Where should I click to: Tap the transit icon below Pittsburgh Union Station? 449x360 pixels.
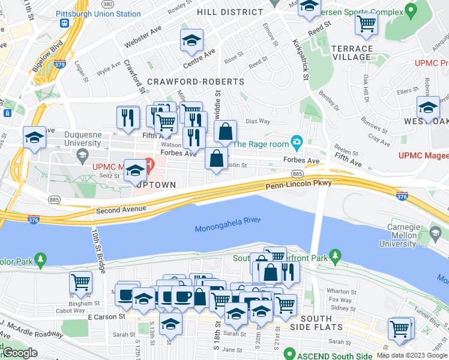pos(64,23)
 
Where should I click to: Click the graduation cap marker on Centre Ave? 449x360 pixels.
pos(191,41)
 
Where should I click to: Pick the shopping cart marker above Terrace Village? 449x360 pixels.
pos(366,24)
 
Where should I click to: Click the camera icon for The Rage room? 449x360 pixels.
pos(296,143)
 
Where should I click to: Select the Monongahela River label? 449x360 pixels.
pos(228,221)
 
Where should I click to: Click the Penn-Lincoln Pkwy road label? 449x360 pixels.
pos(298,187)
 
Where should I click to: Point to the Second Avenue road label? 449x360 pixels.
pos(121,209)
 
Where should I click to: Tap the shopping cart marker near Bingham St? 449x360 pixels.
pos(80,281)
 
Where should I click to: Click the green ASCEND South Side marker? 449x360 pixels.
pos(290,353)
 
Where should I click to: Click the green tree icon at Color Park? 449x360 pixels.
pos(40,260)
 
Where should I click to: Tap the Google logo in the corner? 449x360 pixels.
pos(19,353)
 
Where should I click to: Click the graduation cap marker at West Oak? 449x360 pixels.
pos(428,107)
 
